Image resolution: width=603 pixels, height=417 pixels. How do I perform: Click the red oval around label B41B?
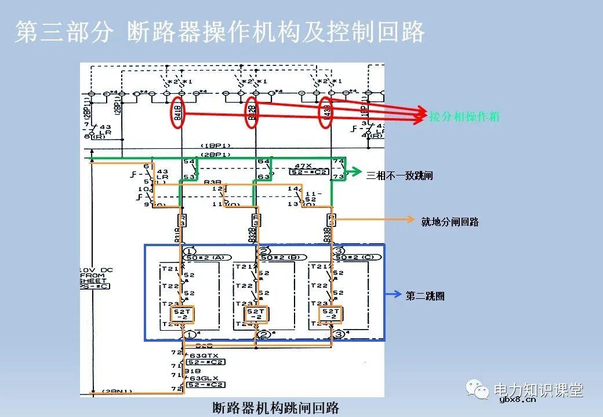click(x=177, y=113)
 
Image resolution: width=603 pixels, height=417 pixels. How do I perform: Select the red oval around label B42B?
click(x=252, y=112)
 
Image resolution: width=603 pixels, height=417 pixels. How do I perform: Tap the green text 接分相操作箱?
click(x=464, y=116)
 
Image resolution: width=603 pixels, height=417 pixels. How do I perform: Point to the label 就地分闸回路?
click(x=450, y=221)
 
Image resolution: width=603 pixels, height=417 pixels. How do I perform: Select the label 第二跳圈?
click(x=425, y=295)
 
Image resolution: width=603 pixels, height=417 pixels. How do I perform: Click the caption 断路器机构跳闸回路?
click(x=275, y=407)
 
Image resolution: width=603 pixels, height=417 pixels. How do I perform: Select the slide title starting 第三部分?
click(x=220, y=32)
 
